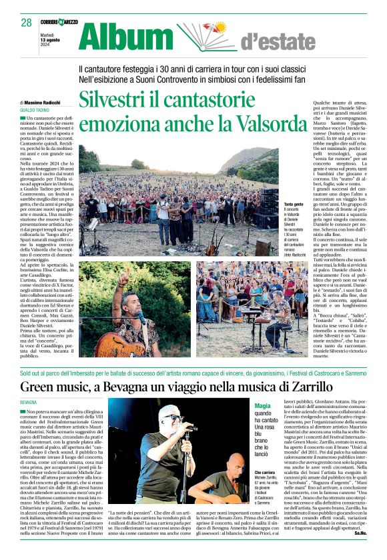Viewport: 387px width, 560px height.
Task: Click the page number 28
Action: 26,23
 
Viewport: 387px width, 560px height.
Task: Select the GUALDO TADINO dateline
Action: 35,109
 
